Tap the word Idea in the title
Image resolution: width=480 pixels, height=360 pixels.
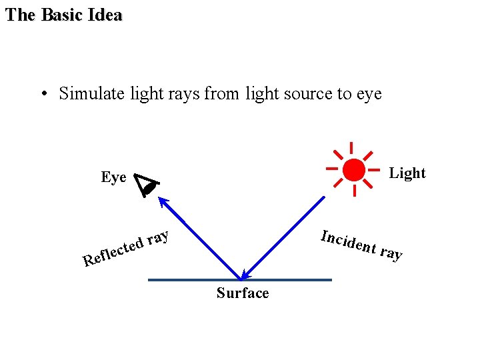click(x=105, y=15)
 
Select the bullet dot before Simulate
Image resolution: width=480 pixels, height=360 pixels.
click(x=43, y=94)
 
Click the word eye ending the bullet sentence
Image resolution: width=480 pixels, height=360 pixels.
click(x=369, y=94)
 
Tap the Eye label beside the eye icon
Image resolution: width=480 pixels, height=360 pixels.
click(x=113, y=177)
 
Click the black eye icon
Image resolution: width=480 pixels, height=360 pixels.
click(x=147, y=185)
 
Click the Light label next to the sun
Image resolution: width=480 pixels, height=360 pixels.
click(x=407, y=173)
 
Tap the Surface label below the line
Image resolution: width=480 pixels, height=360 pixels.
click(x=243, y=293)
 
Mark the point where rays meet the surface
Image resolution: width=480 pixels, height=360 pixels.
click(x=241, y=279)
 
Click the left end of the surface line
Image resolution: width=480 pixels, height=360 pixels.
click(x=150, y=280)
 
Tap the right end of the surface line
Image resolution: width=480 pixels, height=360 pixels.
click(x=330, y=280)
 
